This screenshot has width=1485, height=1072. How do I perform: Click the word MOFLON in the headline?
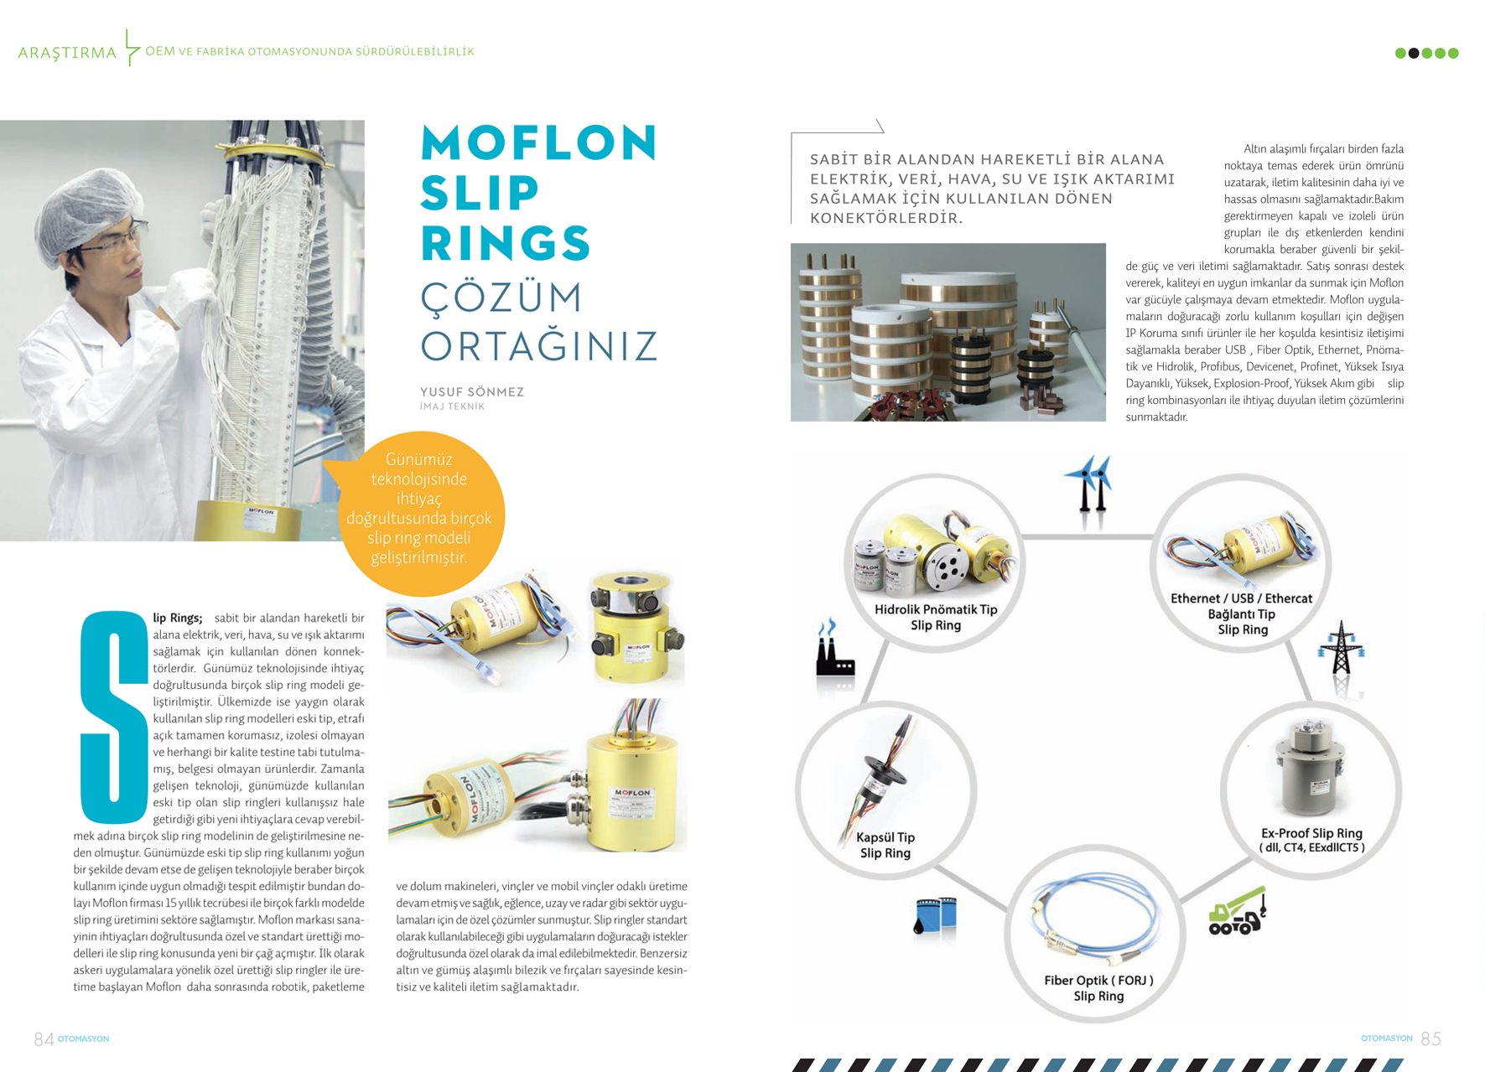pyautogui.click(x=538, y=142)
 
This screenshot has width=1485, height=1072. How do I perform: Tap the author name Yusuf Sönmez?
pyautogui.click(x=471, y=391)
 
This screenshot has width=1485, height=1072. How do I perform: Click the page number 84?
pyautogui.click(x=44, y=1039)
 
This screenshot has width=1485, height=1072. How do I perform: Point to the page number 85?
pyautogui.click(x=1430, y=1039)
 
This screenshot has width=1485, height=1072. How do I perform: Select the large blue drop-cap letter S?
pyautogui.click(x=115, y=717)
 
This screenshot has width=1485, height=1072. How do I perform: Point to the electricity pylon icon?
pyautogui.click(x=1341, y=650)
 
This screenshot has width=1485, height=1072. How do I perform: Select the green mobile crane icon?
pyautogui.click(x=1236, y=913)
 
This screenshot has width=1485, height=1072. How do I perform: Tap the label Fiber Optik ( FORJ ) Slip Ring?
pyautogui.click(x=1098, y=988)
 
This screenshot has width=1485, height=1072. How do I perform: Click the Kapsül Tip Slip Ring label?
pyautogui.click(x=885, y=845)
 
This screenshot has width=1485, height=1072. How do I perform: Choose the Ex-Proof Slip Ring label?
pyautogui.click(x=1311, y=840)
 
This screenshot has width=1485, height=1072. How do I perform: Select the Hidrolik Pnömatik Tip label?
pyautogui.click(x=936, y=617)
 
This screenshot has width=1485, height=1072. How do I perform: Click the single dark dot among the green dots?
pyautogui.click(x=1414, y=53)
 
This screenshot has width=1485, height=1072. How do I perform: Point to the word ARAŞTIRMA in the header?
pyautogui.click(x=67, y=53)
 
